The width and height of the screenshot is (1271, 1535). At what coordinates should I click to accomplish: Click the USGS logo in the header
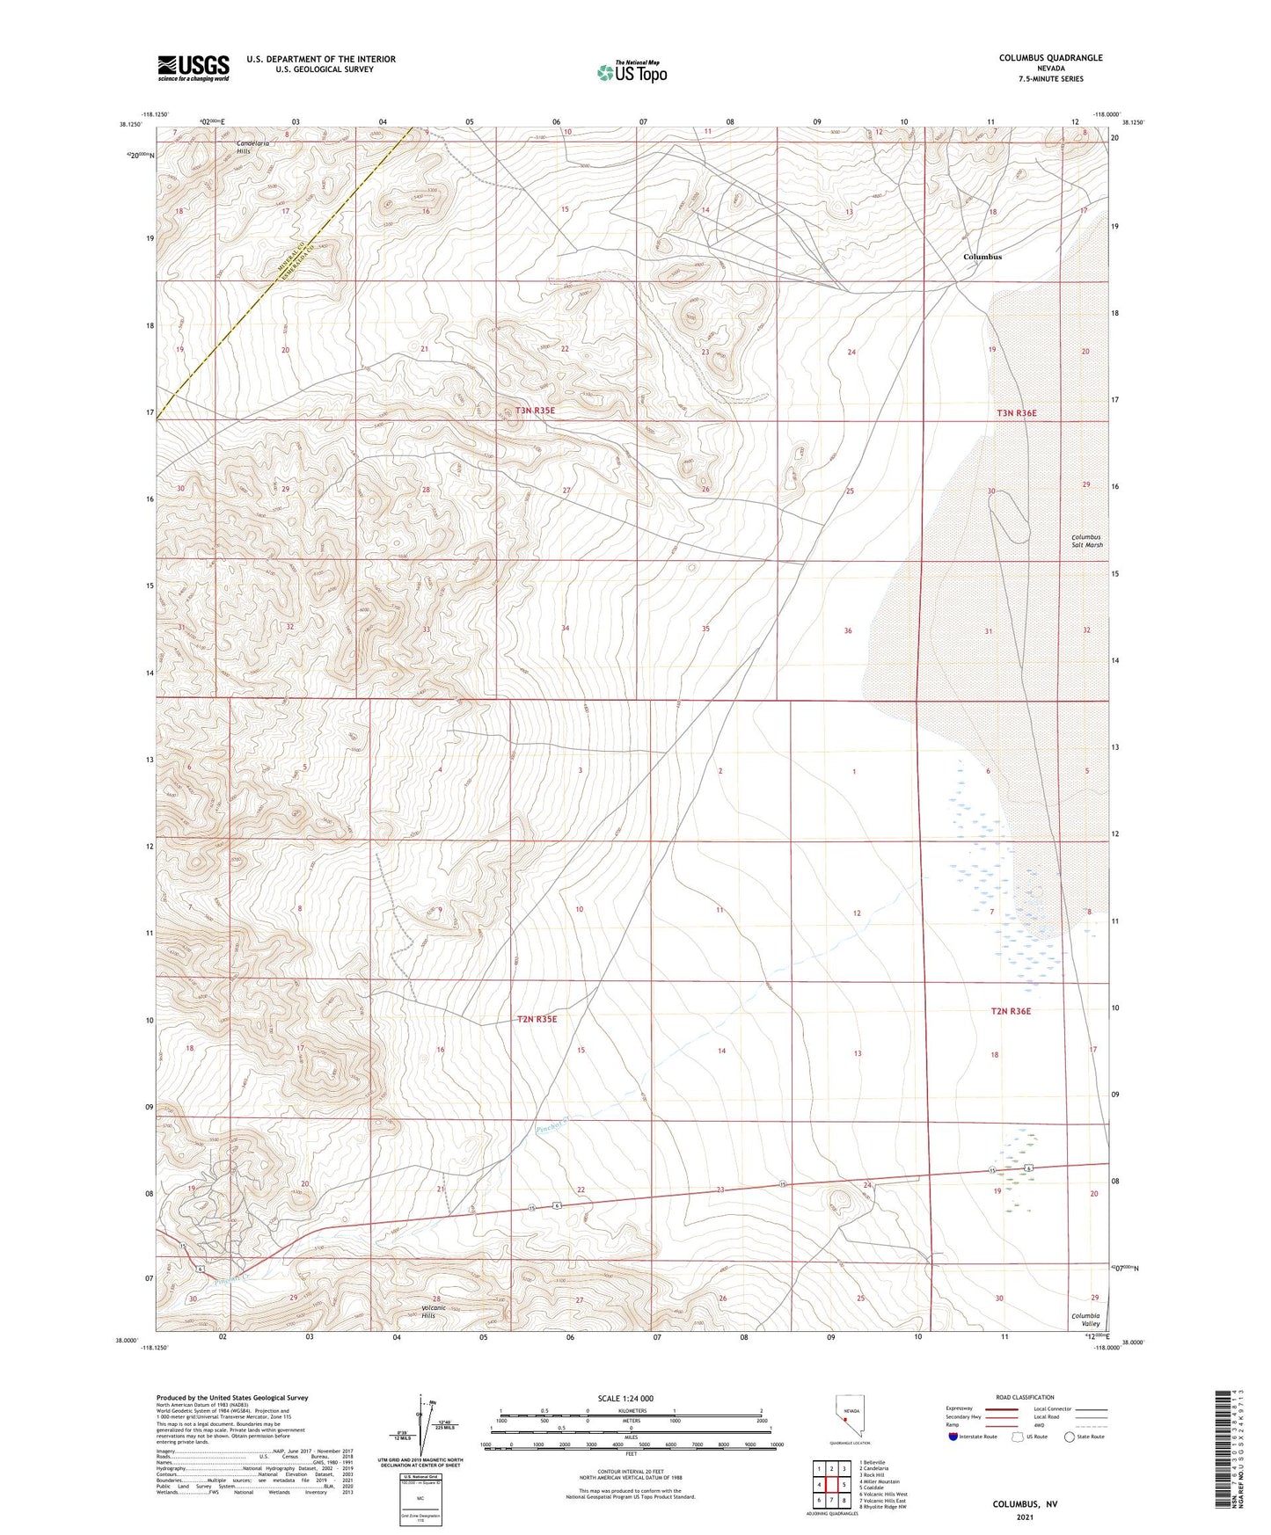point(194,68)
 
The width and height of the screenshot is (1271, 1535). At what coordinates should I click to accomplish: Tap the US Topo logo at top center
point(631,72)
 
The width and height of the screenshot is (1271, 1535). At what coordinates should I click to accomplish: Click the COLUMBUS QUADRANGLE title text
point(1050,58)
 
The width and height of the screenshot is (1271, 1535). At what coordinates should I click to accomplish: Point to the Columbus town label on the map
point(982,257)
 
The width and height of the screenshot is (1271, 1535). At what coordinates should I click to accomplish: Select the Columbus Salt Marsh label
point(1086,541)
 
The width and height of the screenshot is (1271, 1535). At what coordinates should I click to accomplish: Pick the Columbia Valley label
point(1085,1320)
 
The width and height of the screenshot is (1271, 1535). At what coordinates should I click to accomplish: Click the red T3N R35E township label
point(537,411)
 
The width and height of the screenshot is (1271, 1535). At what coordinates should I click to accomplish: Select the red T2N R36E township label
point(1011,1011)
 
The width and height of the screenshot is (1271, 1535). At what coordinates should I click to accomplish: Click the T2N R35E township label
point(537,1019)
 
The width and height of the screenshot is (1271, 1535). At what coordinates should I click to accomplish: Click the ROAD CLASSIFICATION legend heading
point(1025,1397)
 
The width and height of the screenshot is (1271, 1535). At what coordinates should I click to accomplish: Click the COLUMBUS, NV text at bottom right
point(1025,1504)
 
